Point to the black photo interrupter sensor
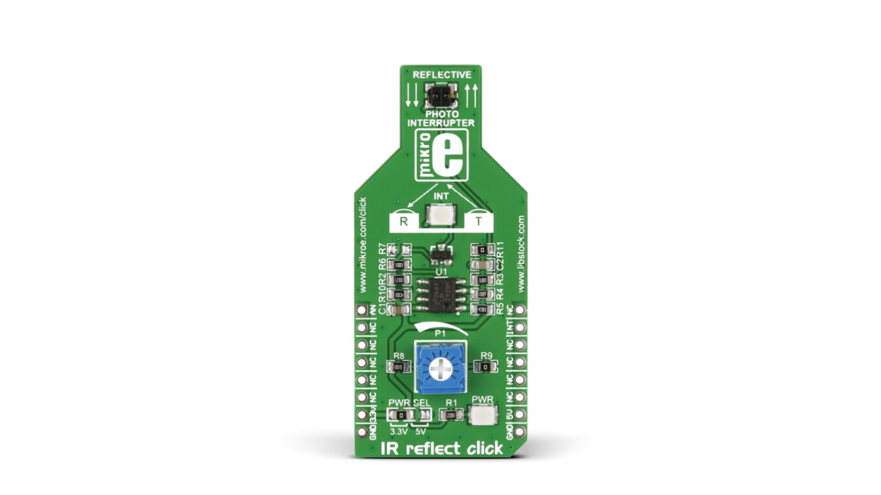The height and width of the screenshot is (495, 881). point(441,96)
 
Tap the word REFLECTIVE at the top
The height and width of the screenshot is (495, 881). point(441,74)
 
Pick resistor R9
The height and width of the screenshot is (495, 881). point(486,367)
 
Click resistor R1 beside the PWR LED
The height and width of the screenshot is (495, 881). point(451,416)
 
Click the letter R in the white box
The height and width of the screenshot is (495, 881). point(403,221)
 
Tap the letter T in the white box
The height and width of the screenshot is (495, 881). point(478,221)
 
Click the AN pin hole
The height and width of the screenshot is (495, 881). point(361,310)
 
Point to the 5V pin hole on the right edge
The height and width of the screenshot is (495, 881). point(520,414)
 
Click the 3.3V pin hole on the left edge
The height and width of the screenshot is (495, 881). point(361,414)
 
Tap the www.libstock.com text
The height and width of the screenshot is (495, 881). point(521,254)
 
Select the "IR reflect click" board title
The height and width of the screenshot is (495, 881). point(441,448)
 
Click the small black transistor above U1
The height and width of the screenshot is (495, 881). point(440,253)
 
